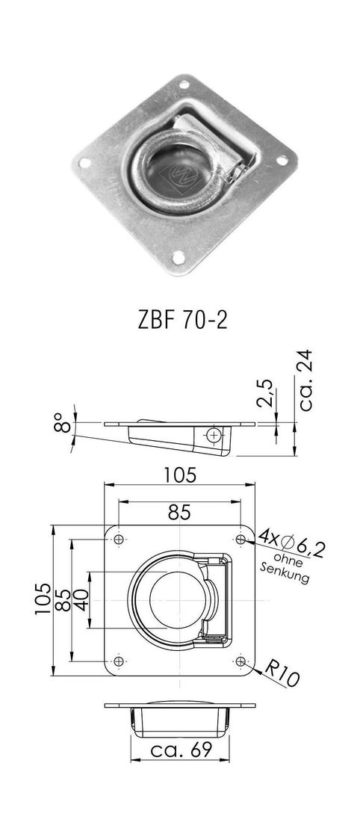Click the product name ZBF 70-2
179,320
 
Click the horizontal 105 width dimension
180,474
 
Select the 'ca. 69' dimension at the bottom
179,750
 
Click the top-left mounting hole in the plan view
119,539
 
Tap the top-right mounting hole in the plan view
240,539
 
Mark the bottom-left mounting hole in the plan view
119,661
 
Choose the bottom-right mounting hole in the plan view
240,661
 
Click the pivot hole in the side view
215,435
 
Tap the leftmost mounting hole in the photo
84,162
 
